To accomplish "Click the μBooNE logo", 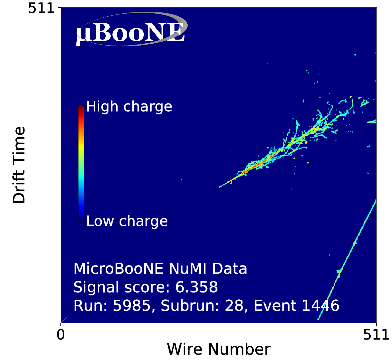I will point(131,30).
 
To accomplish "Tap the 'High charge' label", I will point(129,107).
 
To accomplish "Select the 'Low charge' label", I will point(127,221).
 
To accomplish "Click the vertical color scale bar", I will point(81,163).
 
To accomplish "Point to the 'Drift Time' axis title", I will point(19,165).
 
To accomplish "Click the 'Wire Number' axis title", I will point(218,349).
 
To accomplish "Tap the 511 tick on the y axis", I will point(41,8).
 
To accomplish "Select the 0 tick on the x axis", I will point(61,335).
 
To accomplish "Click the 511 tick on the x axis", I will point(376,335).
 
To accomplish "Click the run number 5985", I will point(132,306).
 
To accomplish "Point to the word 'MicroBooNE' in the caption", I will point(118,269).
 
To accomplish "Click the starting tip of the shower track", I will point(219,187).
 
